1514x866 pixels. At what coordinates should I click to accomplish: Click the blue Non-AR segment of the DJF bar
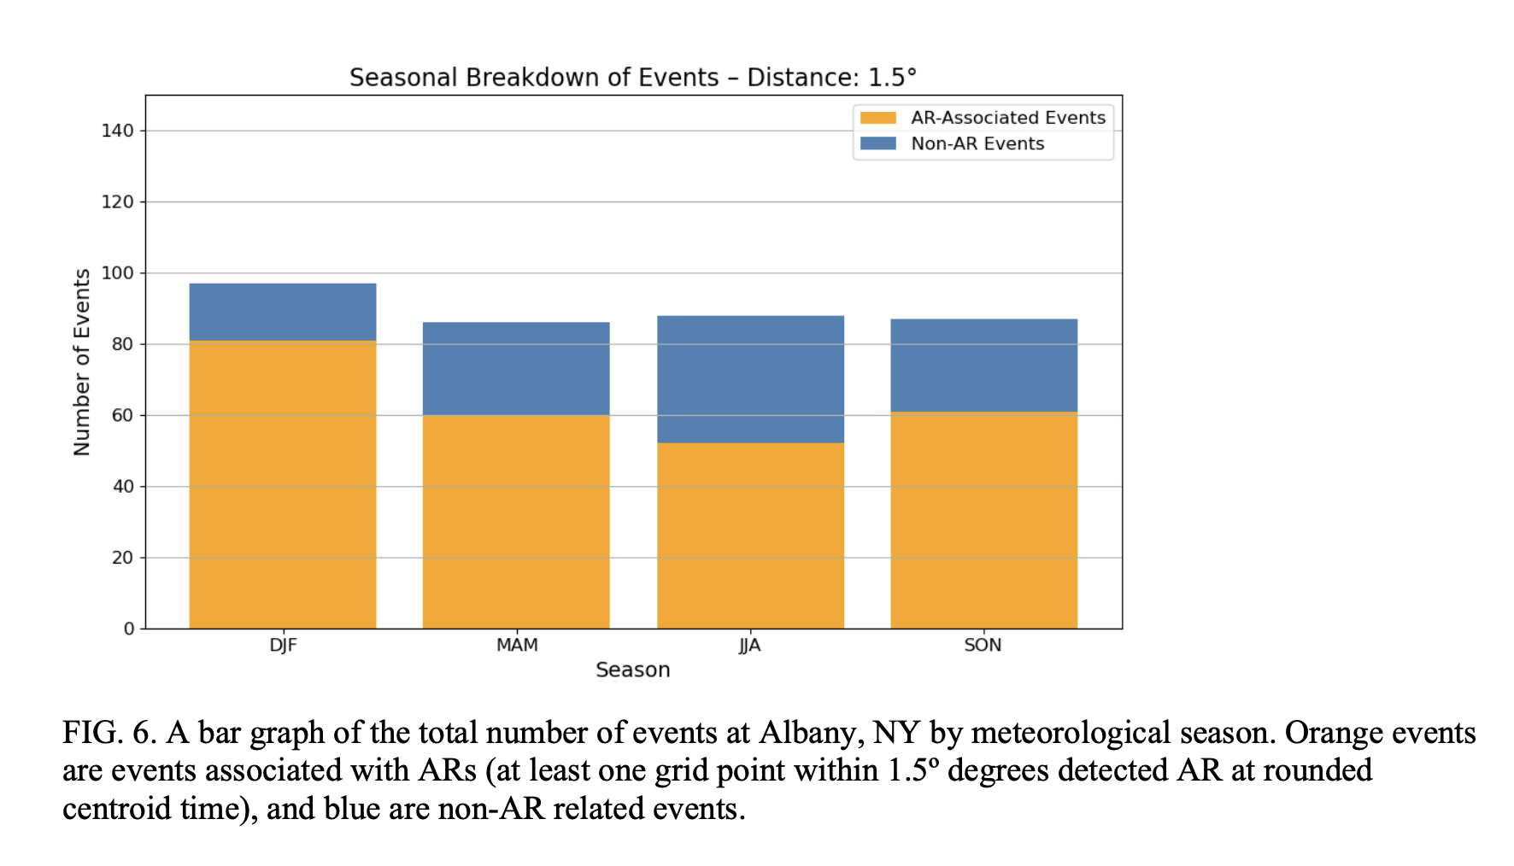[x=282, y=312]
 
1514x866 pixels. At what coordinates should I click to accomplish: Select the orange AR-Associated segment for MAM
[x=516, y=521]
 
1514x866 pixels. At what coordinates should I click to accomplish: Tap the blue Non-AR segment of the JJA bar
[x=750, y=379]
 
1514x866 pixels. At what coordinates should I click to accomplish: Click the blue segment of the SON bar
[x=983, y=366]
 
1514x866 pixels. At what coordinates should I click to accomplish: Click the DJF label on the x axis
[x=283, y=646]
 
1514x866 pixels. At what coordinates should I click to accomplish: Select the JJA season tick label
[x=749, y=646]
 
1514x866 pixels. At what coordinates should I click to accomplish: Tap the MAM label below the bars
[x=517, y=646]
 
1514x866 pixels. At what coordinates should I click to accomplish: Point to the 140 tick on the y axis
[x=117, y=131]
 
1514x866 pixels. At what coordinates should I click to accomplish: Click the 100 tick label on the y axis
[x=117, y=273]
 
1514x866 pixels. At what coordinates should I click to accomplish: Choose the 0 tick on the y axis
[x=129, y=629]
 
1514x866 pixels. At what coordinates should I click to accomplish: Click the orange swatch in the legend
[x=877, y=118]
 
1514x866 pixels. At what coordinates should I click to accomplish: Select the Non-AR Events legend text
[x=977, y=143]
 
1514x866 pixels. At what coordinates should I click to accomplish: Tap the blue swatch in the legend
[x=877, y=143]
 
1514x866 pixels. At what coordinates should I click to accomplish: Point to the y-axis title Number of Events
[x=82, y=362]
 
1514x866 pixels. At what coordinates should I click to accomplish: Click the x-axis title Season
[x=632, y=670]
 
